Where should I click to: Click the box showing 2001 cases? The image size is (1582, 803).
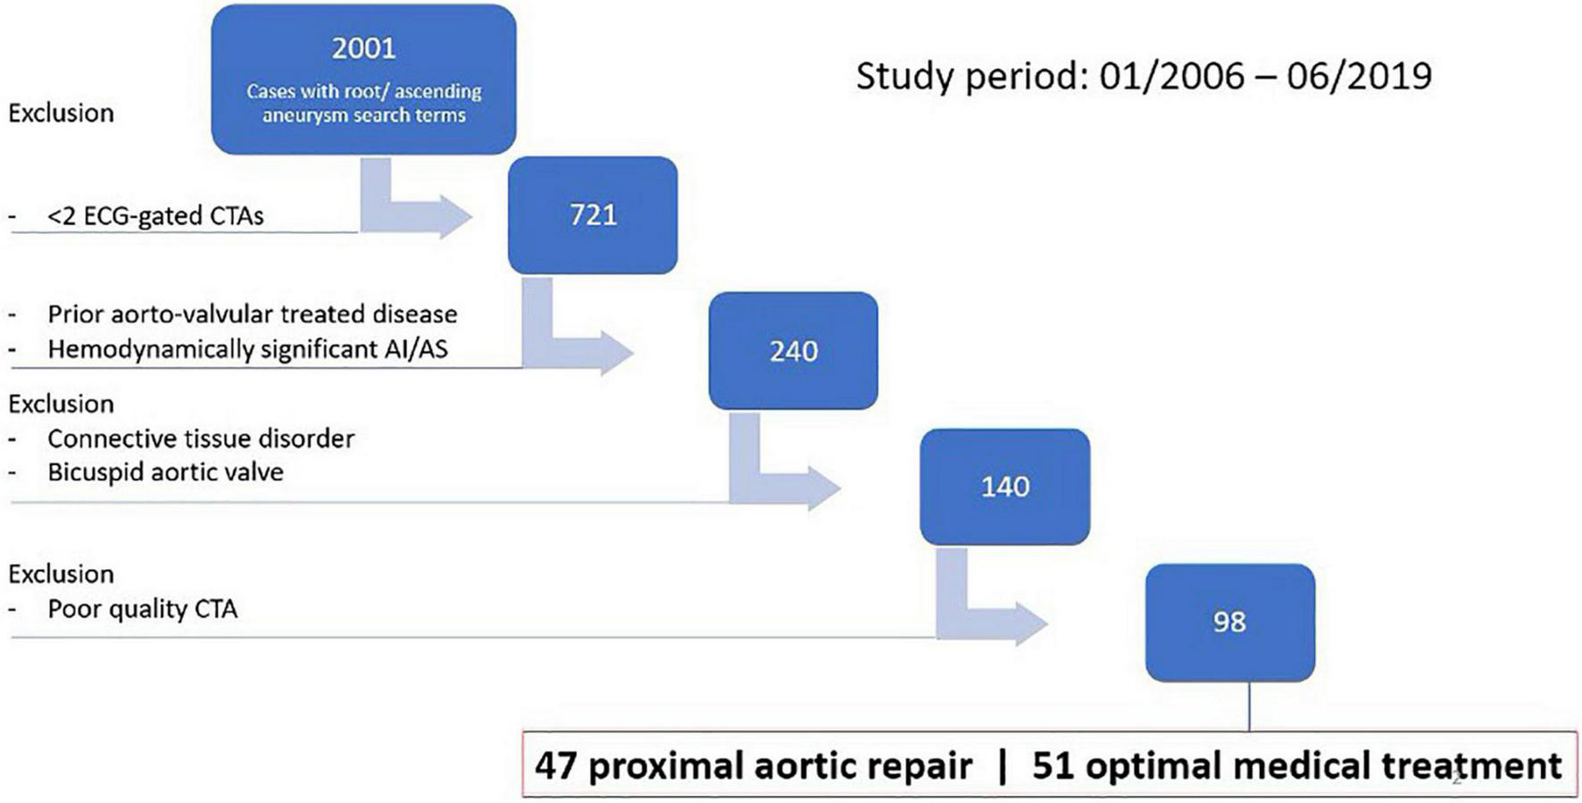pos(363,79)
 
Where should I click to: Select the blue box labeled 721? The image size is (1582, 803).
pos(593,215)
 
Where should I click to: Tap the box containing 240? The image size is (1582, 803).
pos(793,351)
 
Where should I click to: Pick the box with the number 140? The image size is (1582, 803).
pos(1005,487)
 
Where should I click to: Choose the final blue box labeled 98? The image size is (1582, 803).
pos(1230,623)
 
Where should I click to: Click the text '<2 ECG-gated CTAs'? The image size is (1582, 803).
pos(155,215)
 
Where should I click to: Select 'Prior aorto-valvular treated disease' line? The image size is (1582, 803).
pos(253,314)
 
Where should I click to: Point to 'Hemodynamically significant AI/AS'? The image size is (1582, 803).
pos(248,349)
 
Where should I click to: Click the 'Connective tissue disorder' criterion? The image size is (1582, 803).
pos(201,439)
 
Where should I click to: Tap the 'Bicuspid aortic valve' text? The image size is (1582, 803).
pos(166,472)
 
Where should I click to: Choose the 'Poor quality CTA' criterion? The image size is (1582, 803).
pos(143,609)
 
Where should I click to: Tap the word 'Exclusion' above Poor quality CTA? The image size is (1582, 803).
pos(62,573)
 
